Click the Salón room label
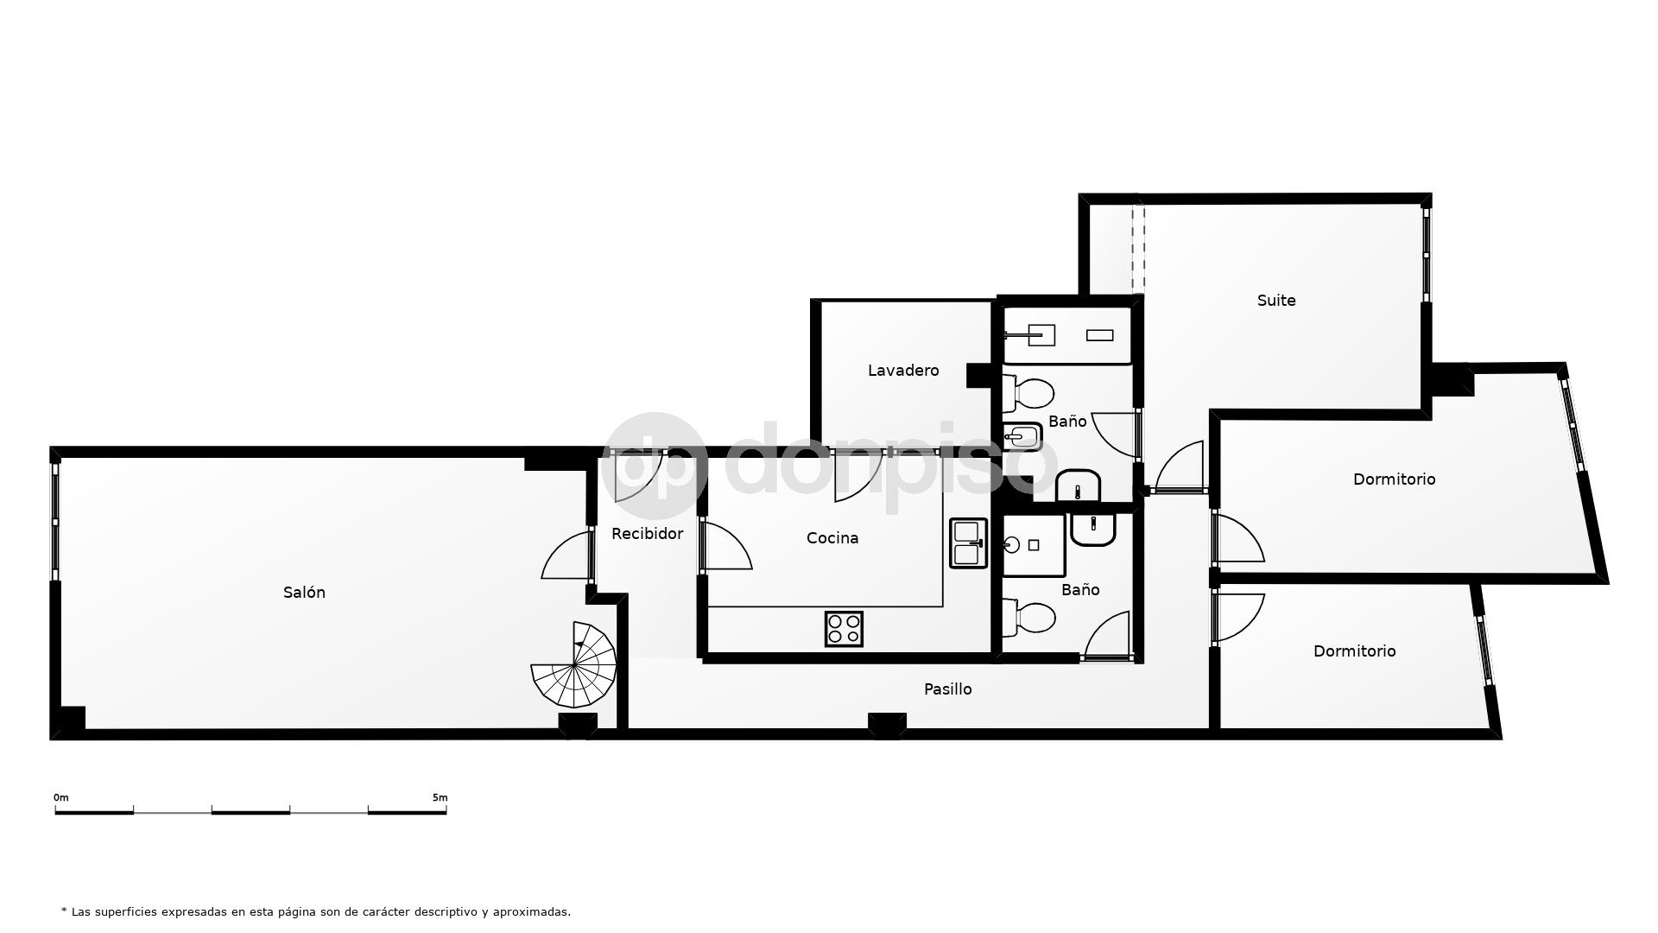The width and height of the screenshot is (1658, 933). (x=304, y=592)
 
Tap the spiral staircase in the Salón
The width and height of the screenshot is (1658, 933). (x=574, y=664)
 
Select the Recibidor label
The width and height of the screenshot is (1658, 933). (x=647, y=533)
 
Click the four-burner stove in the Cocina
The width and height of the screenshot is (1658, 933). (x=844, y=628)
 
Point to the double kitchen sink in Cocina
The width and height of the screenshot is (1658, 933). (x=968, y=543)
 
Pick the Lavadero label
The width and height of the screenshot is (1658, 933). (x=903, y=370)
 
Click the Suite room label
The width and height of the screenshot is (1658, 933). (x=1276, y=300)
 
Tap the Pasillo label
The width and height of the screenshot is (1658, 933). (x=947, y=689)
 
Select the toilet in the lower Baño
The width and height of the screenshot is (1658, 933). (x=1029, y=618)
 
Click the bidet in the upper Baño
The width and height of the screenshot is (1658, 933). (x=1022, y=436)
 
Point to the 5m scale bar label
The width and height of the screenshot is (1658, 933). (x=440, y=797)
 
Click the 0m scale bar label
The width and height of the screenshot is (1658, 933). (x=60, y=797)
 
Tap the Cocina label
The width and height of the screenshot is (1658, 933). (x=832, y=537)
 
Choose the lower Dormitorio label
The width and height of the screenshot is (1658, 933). (x=1354, y=651)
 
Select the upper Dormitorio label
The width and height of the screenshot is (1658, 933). (x=1394, y=479)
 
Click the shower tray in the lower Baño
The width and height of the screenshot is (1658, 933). (x=1034, y=545)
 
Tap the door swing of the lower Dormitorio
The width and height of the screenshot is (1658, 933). (x=1238, y=617)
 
